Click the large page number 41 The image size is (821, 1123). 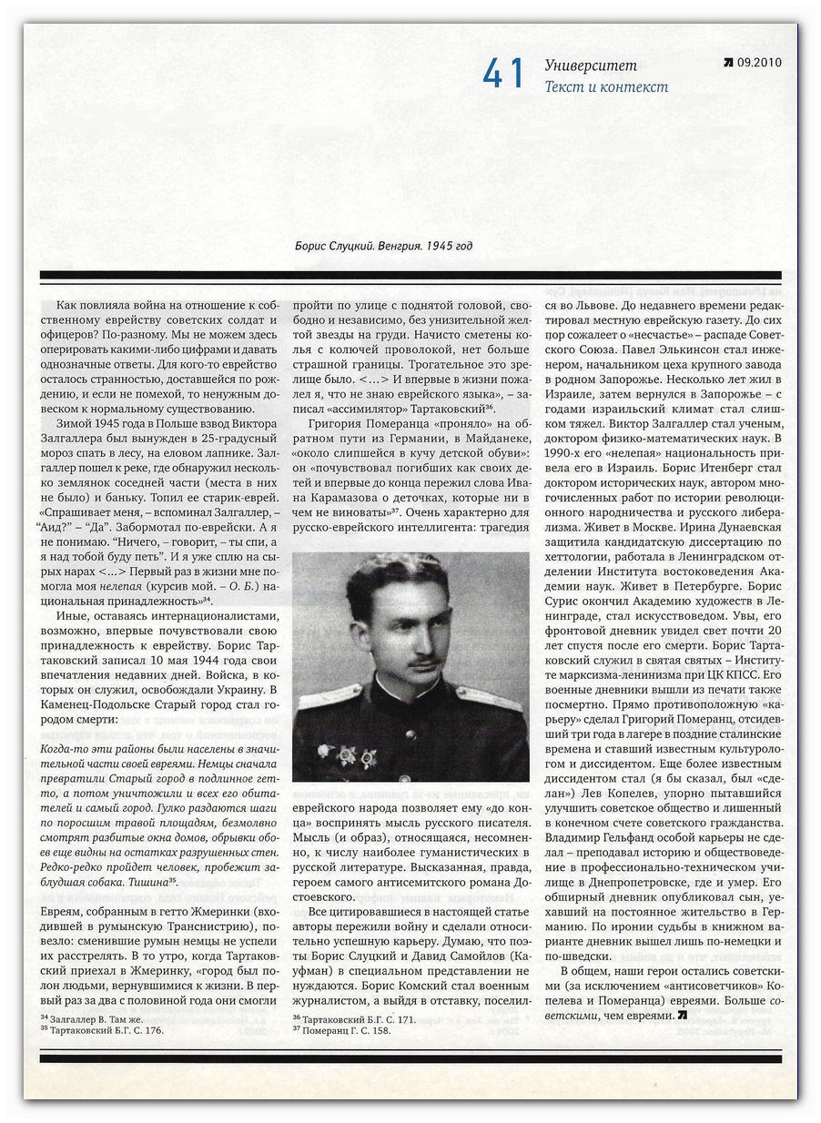[x=504, y=75]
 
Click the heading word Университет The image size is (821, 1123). [x=591, y=66]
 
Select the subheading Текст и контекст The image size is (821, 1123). [x=606, y=87]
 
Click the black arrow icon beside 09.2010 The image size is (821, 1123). [x=728, y=63]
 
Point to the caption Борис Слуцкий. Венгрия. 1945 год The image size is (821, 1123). [x=384, y=246]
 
